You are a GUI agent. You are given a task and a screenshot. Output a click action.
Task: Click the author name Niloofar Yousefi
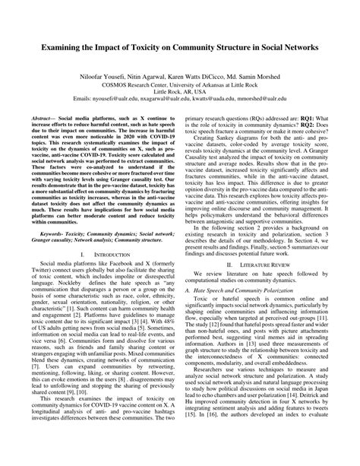pos(98,77)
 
